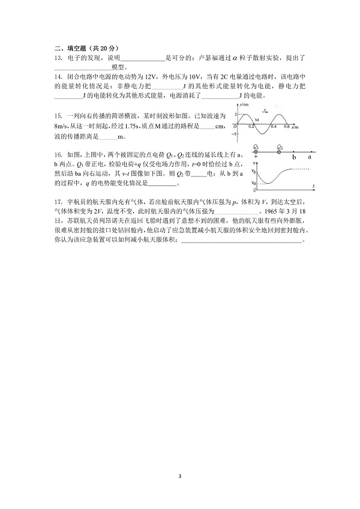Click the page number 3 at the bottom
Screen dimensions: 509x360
click(179, 476)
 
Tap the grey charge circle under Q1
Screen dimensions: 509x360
click(256, 152)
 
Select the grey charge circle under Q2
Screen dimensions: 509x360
click(279, 152)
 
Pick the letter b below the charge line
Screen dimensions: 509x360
click(294, 157)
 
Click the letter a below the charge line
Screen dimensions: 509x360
click(310, 157)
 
